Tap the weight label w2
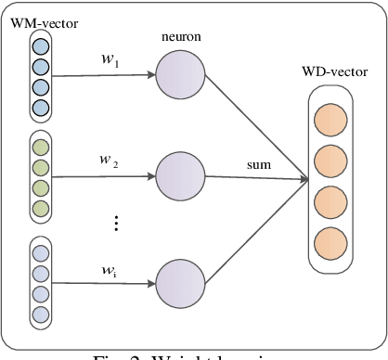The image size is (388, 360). pyautogui.click(x=110, y=160)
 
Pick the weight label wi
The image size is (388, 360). pyautogui.click(x=110, y=270)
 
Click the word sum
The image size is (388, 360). pyautogui.click(x=258, y=163)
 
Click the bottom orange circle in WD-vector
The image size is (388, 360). pyautogui.click(x=330, y=243)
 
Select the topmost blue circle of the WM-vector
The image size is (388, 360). pyautogui.click(x=40, y=45)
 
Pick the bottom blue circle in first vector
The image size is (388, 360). pyautogui.click(x=40, y=108)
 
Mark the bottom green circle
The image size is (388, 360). pyautogui.click(x=40, y=208)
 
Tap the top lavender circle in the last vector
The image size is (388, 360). pyautogui.click(x=40, y=252)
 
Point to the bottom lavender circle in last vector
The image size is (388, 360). pyautogui.click(x=40, y=315)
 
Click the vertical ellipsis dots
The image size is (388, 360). pyautogui.click(x=115, y=223)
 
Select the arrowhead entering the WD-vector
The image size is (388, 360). pyautogui.click(x=304, y=177)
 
